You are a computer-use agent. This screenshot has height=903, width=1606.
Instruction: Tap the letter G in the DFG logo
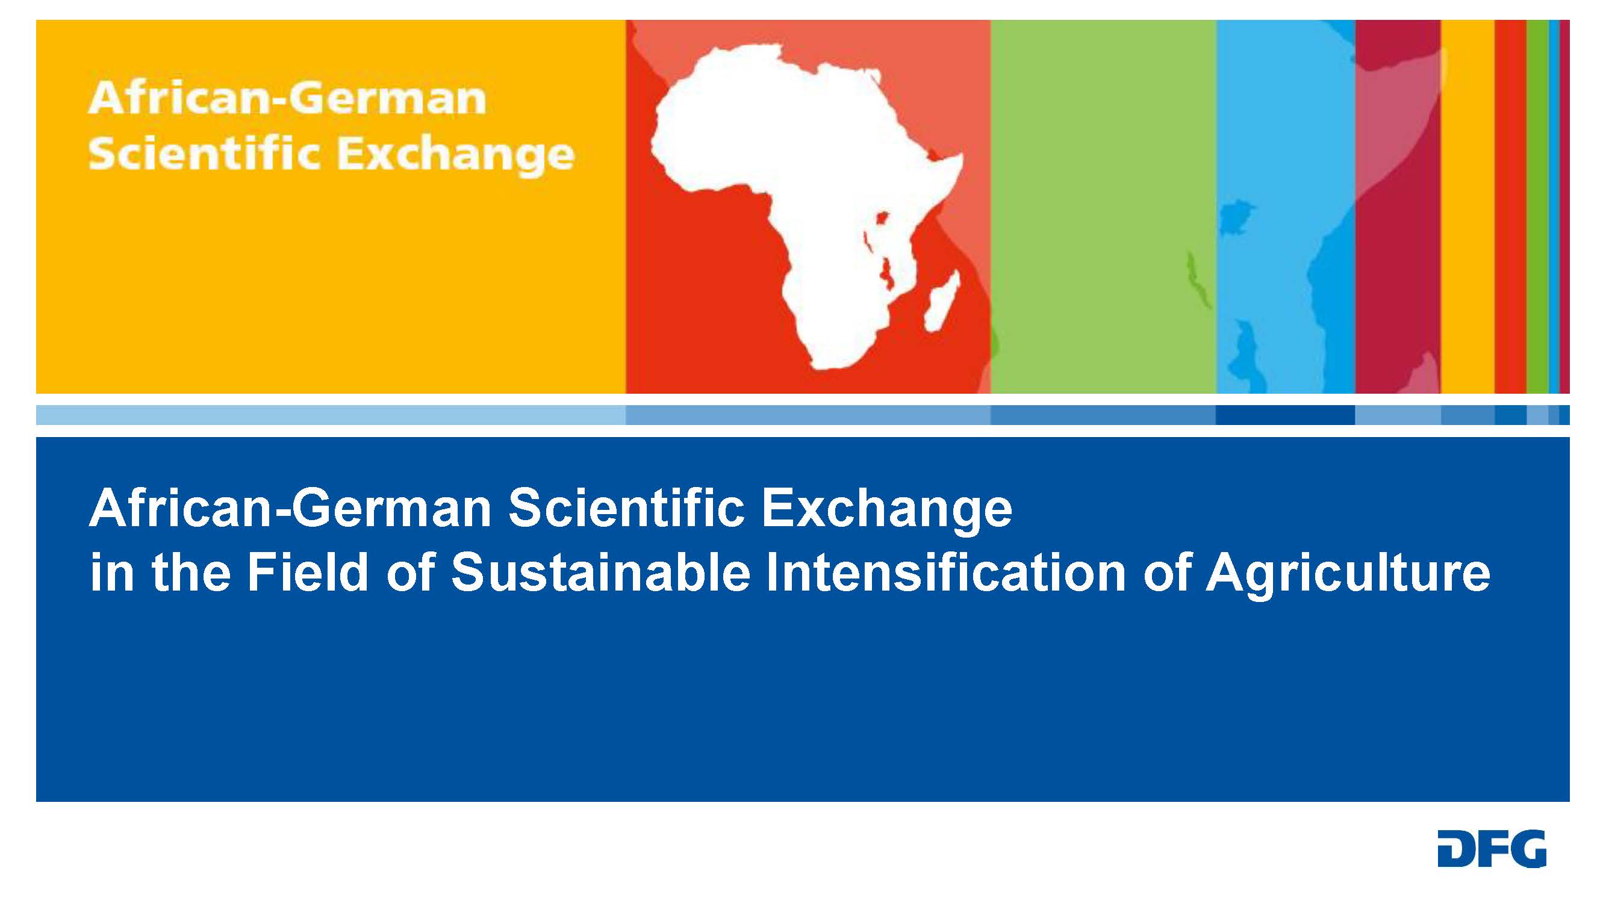(1528, 848)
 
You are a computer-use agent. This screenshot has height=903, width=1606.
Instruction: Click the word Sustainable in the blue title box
(600, 572)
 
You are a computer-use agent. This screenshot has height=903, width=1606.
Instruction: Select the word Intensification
(946, 572)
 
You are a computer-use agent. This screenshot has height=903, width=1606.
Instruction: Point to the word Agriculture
(1348, 573)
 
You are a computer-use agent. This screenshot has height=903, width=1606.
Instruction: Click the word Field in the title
(308, 572)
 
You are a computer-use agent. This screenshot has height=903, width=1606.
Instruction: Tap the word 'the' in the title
(191, 572)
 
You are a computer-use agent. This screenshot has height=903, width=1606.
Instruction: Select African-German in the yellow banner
(287, 99)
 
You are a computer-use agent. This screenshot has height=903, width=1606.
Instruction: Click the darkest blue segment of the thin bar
(1285, 415)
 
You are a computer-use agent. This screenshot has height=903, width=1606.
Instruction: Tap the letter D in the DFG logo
(1455, 848)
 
